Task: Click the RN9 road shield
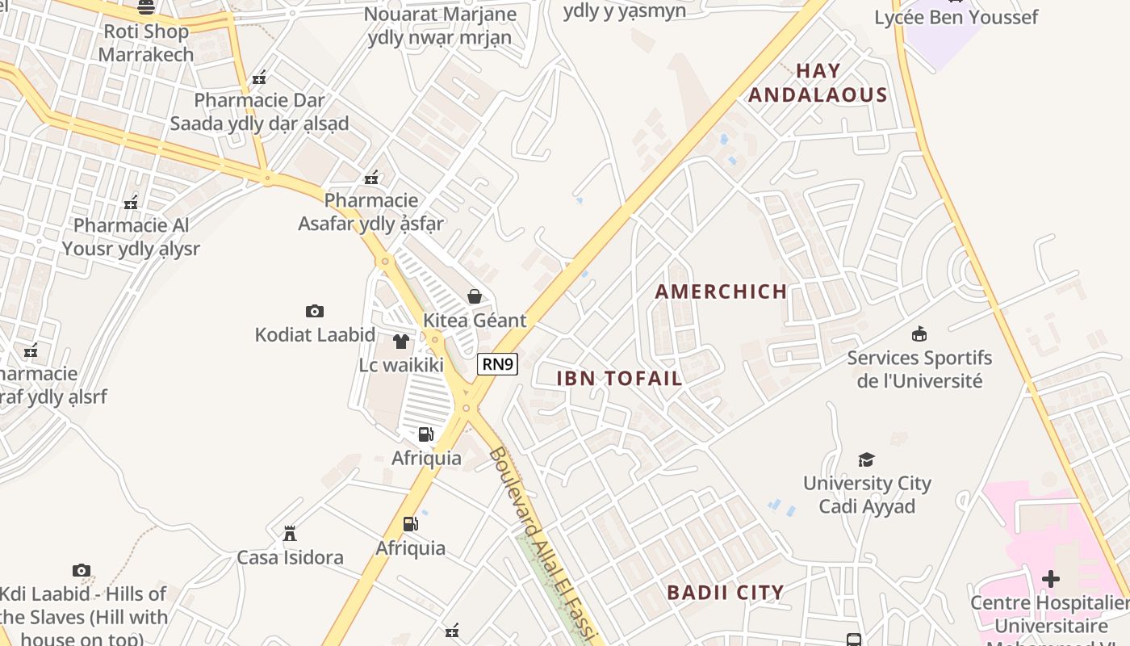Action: pyautogui.click(x=497, y=364)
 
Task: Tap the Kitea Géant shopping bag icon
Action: pyautogui.click(x=475, y=296)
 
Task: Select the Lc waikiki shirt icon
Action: pyautogui.click(x=401, y=342)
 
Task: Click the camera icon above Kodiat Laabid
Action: pyautogui.click(x=315, y=311)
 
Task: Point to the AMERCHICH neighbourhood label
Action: pyautogui.click(x=721, y=292)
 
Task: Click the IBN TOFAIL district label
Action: pyautogui.click(x=619, y=378)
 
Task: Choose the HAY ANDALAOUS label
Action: pyautogui.click(x=818, y=83)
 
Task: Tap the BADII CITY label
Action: pyautogui.click(x=725, y=593)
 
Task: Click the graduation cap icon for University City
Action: pyautogui.click(x=866, y=459)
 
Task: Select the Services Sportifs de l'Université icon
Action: pyautogui.click(x=919, y=333)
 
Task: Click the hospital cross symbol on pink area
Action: pyautogui.click(x=1050, y=579)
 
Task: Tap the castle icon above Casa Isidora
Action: pyautogui.click(x=290, y=533)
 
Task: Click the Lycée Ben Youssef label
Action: pyautogui.click(x=956, y=17)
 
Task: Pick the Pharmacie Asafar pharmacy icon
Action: pyautogui.click(x=371, y=177)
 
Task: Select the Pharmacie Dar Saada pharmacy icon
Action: pyautogui.click(x=259, y=78)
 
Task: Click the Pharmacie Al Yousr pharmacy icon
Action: pyautogui.click(x=131, y=202)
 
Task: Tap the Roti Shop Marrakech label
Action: pyautogui.click(x=146, y=43)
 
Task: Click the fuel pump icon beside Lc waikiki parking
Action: pyautogui.click(x=425, y=434)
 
